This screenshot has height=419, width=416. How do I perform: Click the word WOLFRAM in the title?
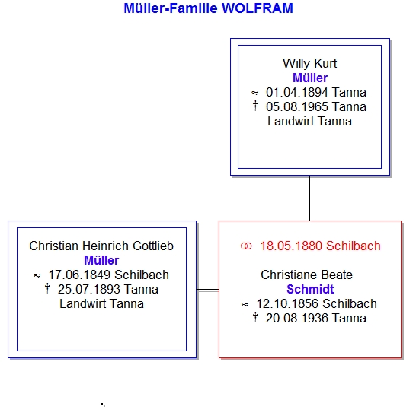258,8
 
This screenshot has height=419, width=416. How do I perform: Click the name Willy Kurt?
310,63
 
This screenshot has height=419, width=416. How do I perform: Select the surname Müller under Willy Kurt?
310,78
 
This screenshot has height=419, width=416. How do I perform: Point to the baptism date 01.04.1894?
297,92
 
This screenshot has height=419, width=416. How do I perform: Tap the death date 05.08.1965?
297,106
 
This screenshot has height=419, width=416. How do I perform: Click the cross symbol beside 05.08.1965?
255,106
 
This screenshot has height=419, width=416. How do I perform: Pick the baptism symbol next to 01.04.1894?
254,93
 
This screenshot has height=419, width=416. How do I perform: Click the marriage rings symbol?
246,246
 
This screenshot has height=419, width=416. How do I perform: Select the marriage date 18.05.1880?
292,246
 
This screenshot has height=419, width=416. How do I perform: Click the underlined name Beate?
337,275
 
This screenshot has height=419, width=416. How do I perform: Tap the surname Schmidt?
310,289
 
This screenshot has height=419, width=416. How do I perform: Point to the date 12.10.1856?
287,303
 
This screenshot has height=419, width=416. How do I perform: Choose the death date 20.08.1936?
297,318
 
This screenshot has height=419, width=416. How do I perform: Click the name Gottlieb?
153,246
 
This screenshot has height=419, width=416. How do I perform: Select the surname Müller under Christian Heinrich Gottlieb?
101,260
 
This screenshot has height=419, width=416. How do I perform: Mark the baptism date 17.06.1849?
79,275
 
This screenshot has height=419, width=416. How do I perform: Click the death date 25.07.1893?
89,289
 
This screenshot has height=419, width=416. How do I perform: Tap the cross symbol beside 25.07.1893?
47,288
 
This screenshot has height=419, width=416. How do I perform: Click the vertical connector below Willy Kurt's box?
310,198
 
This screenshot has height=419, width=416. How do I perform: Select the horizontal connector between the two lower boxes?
208,290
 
